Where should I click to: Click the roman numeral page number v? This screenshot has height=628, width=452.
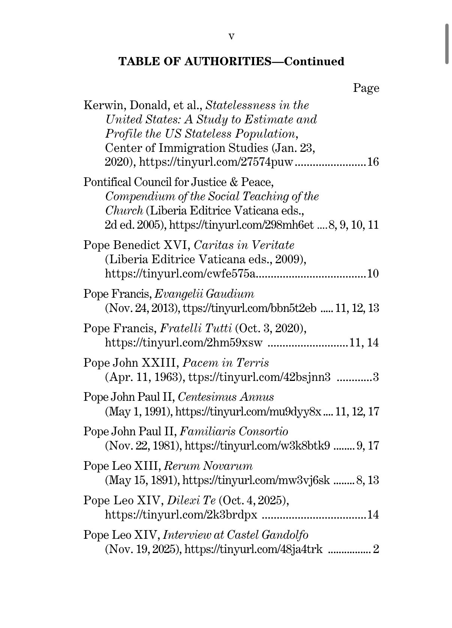231,36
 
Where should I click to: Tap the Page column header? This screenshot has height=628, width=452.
366,88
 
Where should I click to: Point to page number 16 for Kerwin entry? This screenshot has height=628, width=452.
373,162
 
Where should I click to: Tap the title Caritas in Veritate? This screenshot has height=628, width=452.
244,246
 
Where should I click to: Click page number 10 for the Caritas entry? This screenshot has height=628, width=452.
373,274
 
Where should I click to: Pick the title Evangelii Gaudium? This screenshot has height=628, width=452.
204,294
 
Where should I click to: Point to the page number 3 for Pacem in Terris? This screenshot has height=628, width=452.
376,377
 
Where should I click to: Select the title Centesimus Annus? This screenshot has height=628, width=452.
226,397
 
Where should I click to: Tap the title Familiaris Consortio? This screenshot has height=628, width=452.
234,432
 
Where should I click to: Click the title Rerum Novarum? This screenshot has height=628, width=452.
208,466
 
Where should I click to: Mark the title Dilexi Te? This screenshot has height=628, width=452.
191,501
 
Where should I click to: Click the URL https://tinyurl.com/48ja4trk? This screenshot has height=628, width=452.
254,550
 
